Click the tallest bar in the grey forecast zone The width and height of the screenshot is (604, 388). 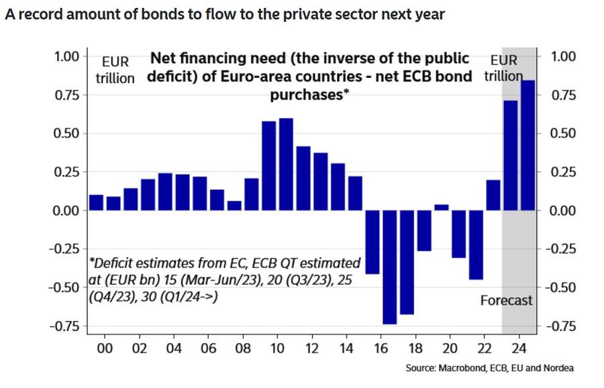pyautogui.click(x=527, y=145)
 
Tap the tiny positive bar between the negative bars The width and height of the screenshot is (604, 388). pyautogui.click(x=441, y=207)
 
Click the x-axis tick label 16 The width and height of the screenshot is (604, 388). pyautogui.click(x=381, y=348)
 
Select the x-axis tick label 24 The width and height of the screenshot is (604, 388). pyautogui.click(x=519, y=348)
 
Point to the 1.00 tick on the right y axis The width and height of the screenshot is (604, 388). pyautogui.click(x=563, y=56)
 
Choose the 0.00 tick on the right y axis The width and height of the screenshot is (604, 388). pyautogui.click(x=563, y=211)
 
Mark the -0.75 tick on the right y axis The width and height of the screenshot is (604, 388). pyautogui.click(x=560, y=326)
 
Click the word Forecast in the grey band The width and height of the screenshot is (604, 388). pyautogui.click(x=506, y=300)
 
